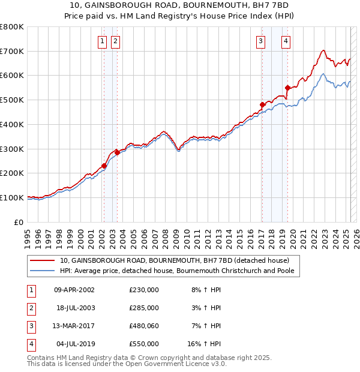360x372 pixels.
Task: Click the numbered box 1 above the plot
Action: click(x=102, y=41)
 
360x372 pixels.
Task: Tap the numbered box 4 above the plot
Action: click(x=286, y=41)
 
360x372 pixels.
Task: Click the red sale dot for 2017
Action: click(x=262, y=105)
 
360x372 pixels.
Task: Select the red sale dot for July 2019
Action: click(x=287, y=88)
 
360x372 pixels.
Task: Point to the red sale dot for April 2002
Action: click(x=104, y=166)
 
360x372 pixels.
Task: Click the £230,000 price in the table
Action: click(x=143, y=290)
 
